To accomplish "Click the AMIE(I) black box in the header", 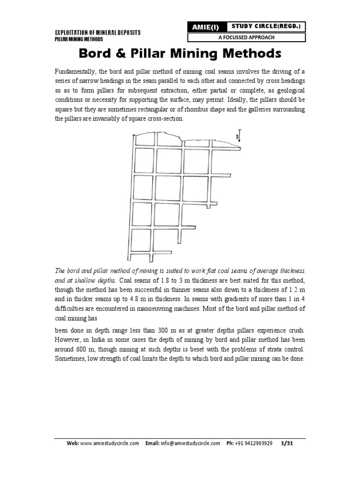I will click(204, 28).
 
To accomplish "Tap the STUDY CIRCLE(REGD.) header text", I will click(265, 26).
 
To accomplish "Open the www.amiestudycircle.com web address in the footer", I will click(110, 444).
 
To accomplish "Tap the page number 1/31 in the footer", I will click(286, 444).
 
